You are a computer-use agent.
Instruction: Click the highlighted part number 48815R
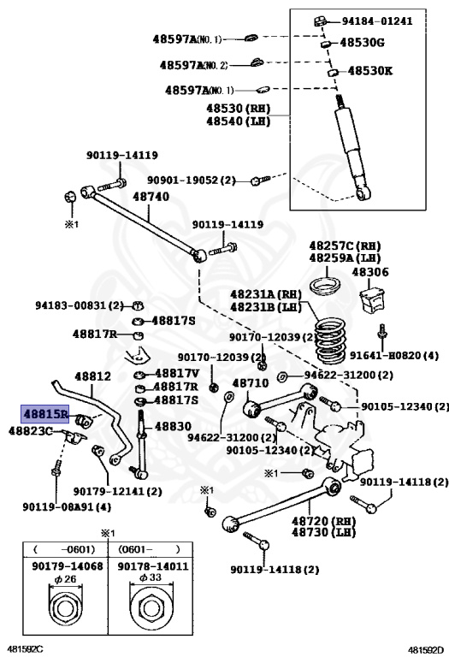click(45, 413)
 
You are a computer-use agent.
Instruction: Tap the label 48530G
click(369, 42)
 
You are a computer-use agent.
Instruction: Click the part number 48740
click(151, 197)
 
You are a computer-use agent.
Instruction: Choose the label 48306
click(370, 272)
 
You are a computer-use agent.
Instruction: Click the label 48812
click(92, 376)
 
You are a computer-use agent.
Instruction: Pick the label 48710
click(251, 383)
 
